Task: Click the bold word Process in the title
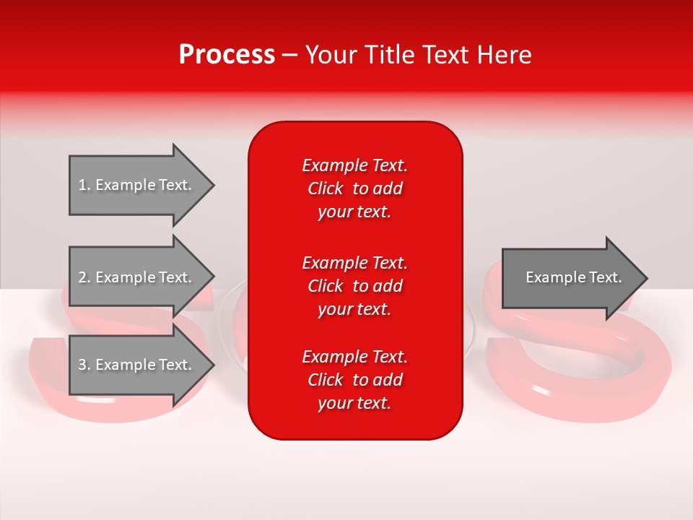[x=227, y=55]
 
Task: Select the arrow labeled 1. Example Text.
[x=137, y=185]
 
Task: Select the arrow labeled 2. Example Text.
[x=137, y=277]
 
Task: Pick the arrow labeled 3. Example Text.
[x=137, y=365]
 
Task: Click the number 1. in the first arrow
[x=84, y=185]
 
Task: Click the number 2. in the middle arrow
[x=84, y=277]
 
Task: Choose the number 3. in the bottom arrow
[x=84, y=365]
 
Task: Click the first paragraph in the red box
[x=354, y=188]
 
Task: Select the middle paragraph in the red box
[x=354, y=286]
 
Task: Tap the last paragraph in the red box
[x=354, y=380]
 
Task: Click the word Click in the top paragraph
[x=325, y=188]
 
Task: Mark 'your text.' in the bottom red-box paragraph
[x=354, y=403]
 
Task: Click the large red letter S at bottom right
[x=577, y=361]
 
